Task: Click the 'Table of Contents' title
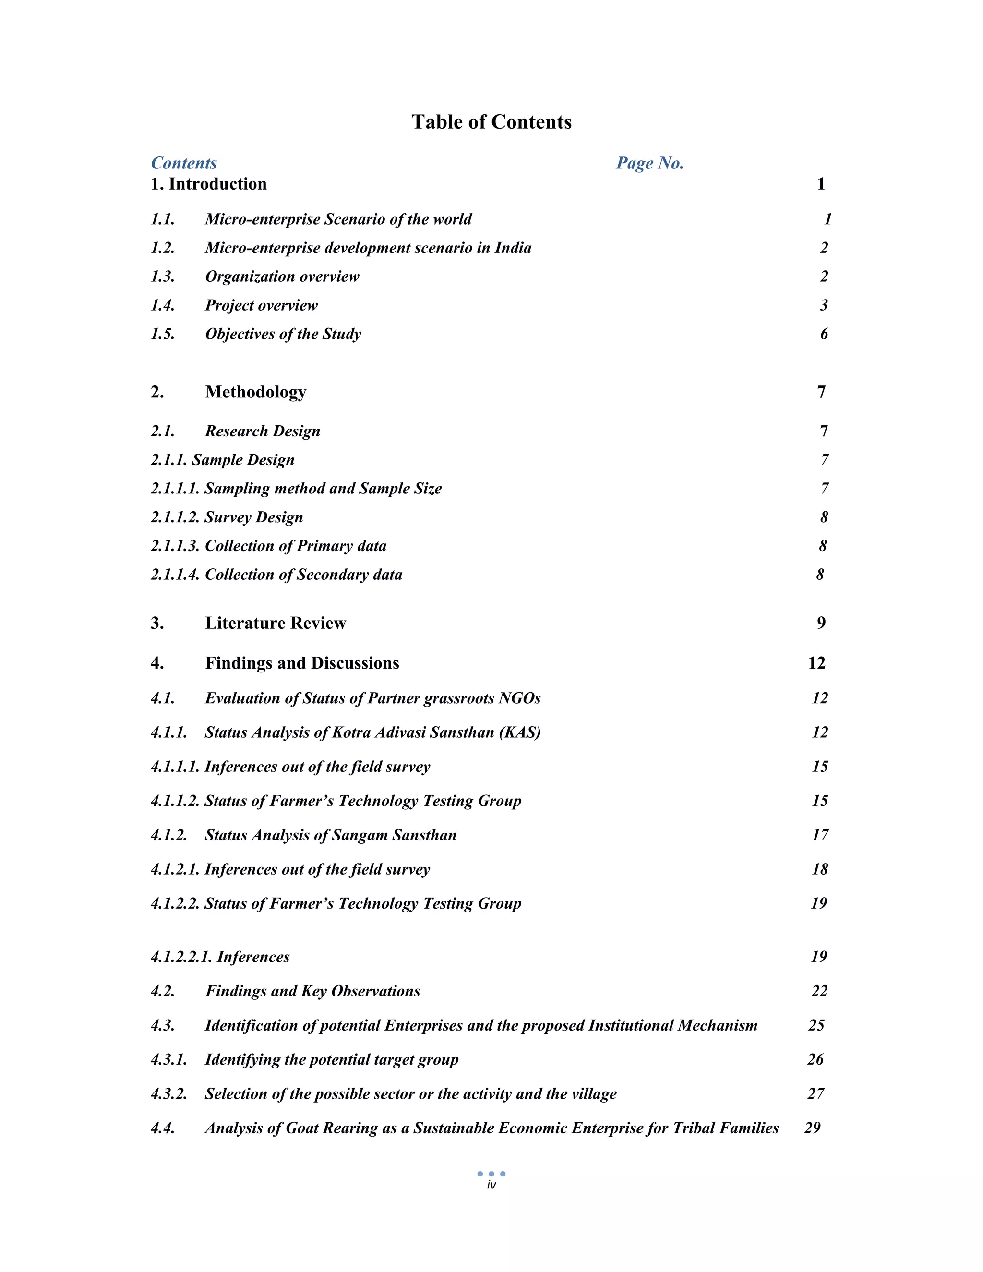point(491,122)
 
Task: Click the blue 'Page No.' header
point(649,163)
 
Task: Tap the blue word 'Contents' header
point(183,163)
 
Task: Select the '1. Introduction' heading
point(208,184)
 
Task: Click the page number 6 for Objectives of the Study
point(824,334)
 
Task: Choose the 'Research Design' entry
point(262,431)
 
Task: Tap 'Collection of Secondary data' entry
point(303,575)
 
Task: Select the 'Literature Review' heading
point(276,623)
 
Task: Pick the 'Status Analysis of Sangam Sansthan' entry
point(330,835)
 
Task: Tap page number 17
point(820,835)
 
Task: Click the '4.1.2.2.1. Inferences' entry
point(220,957)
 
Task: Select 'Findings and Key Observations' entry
point(312,991)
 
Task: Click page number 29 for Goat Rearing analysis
point(813,1128)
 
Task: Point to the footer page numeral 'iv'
point(491,1185)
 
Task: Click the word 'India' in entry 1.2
point(513,248)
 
